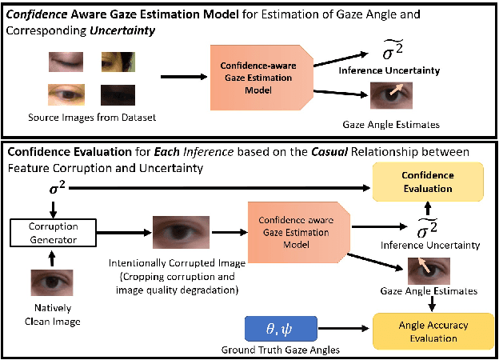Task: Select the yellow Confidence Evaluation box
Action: click(x=426, y=182)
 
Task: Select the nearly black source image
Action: click(x=118, y=95)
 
